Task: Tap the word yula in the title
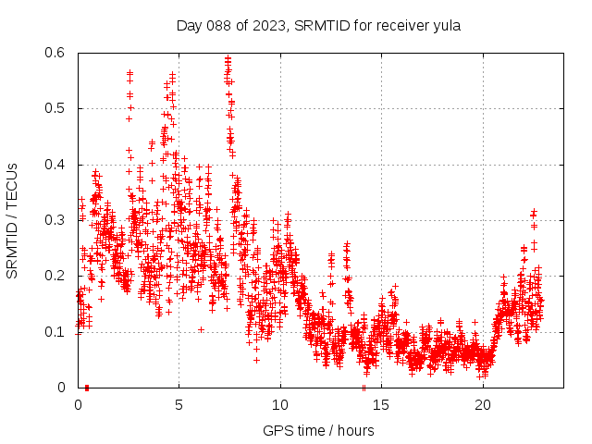444,25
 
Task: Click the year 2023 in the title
271,25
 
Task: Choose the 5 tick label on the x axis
179,405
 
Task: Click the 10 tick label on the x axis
280,405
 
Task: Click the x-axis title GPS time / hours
318,430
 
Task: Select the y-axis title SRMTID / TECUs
12,220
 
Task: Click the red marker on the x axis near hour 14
364,388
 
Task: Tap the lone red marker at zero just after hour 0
87,387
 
